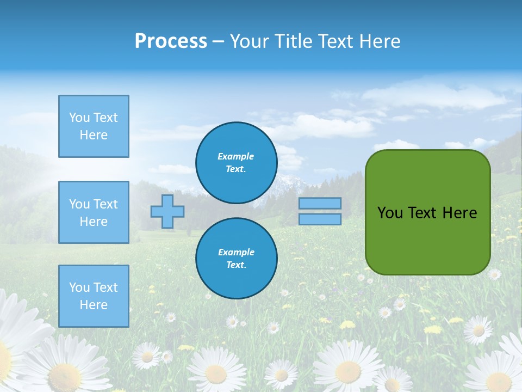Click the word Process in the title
(x=171, y=41)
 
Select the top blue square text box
(x=94, y=126)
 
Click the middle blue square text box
(x=94, y=212)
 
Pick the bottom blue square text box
(x=94, y=296)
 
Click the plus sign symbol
(x=167, y=211)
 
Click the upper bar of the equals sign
(x=320, y=203)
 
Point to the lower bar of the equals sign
(x=320, y=219)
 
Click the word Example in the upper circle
(x=236, y=156)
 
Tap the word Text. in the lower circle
(x=236, y=265)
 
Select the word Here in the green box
(x=459, y=212)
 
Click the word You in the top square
(x=79, y=118)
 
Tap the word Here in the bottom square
(x=94, y=305)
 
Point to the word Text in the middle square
(x=105, y=204)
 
